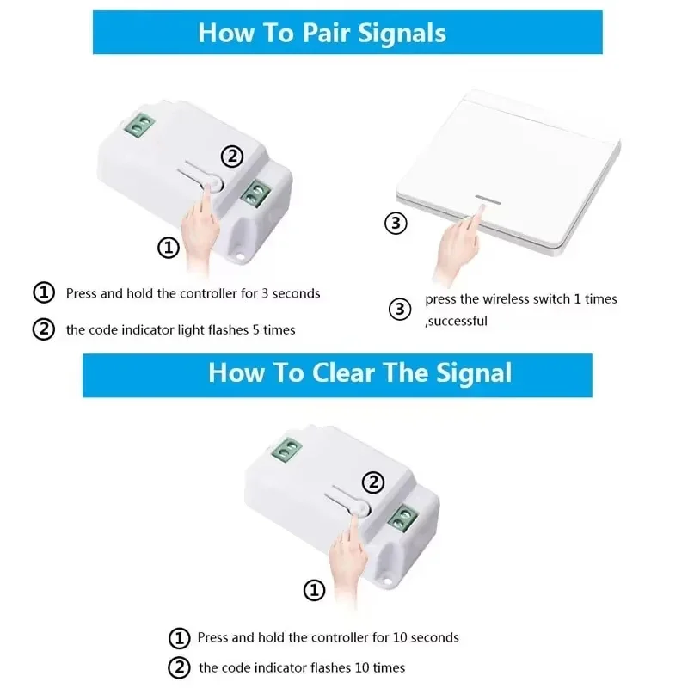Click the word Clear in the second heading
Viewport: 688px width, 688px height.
(343, 372)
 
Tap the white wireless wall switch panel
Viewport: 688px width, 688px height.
(509, 171)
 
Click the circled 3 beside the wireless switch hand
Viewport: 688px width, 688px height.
(396, 223)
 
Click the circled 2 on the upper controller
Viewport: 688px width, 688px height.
(232, 157)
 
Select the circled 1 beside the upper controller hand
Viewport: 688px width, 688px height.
(169, 248)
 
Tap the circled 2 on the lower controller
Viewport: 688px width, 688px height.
(373, 482)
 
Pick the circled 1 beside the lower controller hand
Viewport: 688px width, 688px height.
(315, 590)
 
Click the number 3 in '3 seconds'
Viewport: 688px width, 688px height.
(265, 293)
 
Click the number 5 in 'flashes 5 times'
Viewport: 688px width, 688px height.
(255, 329)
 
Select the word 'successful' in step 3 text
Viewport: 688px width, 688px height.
(458, 321)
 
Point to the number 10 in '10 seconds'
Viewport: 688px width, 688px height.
(400, 637)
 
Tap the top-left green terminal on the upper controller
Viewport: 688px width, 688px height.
(139, 124)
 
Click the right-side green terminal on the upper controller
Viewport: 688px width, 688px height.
(255, 193)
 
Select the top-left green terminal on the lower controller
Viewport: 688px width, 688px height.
(286, 449)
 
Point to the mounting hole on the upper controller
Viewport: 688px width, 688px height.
(240, 255)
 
